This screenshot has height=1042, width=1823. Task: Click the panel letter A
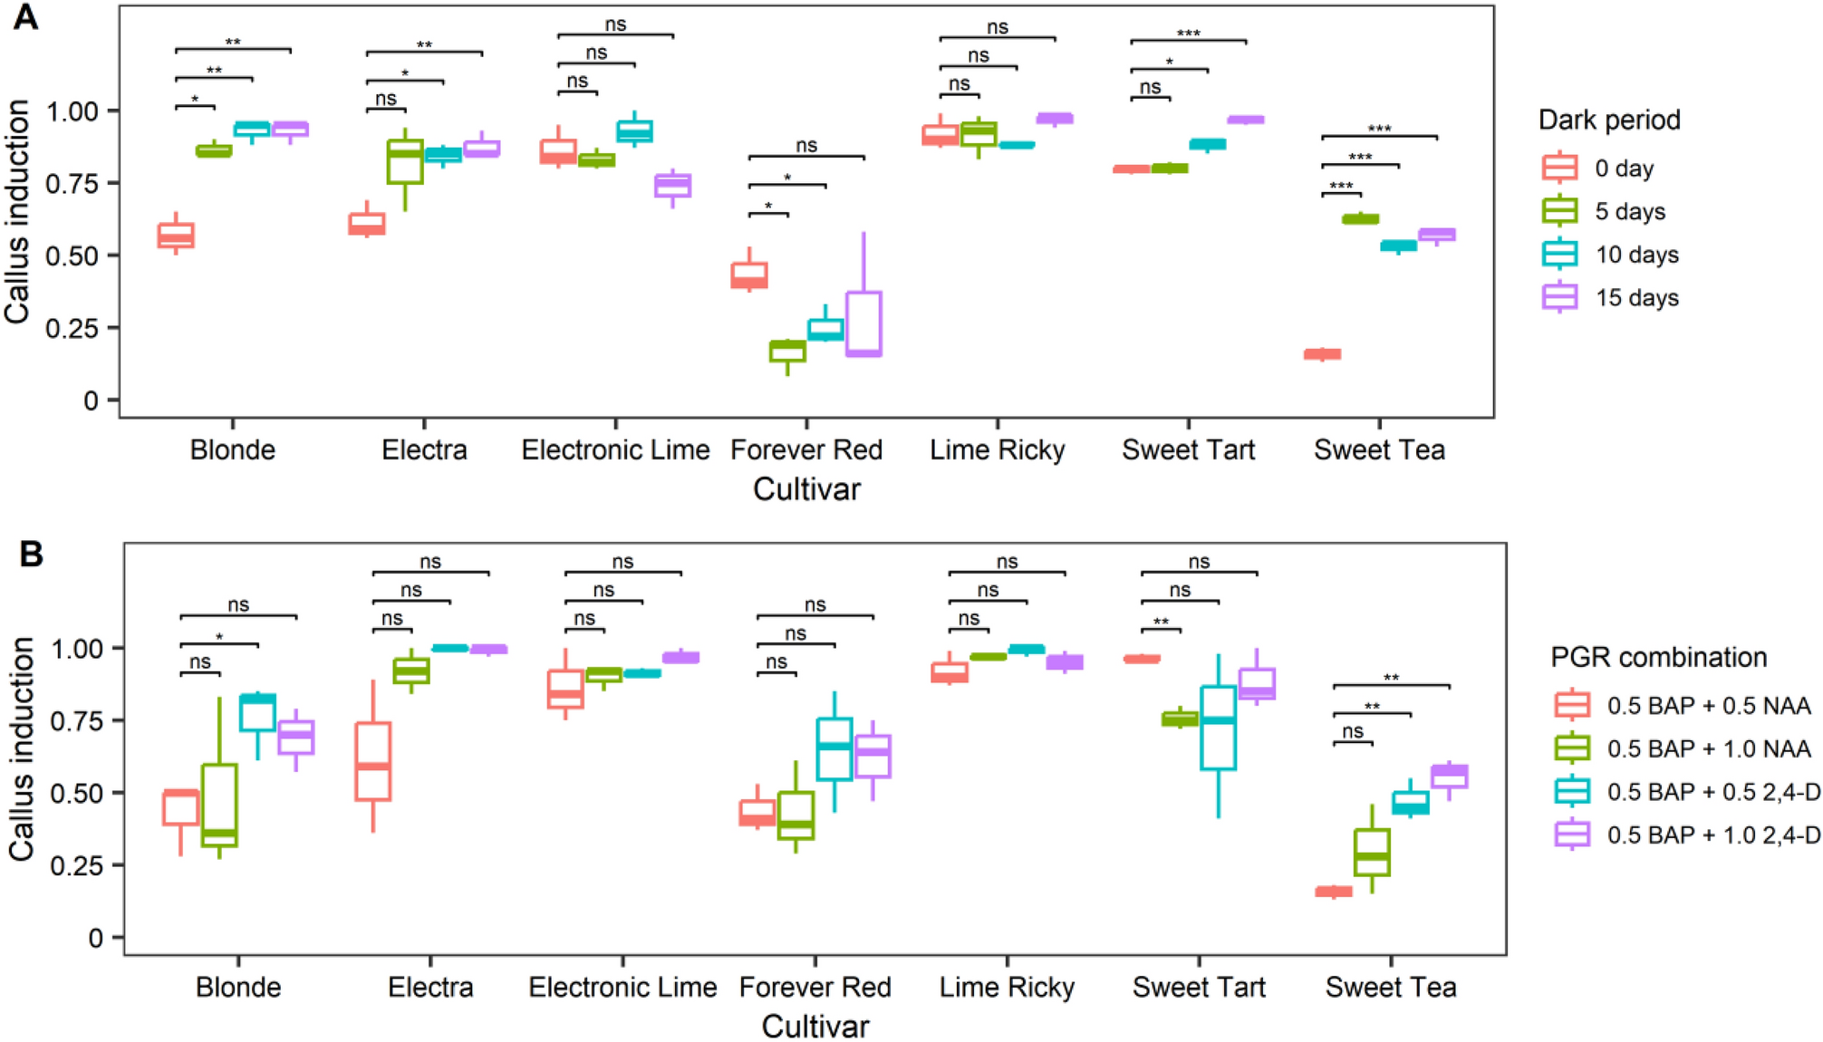pyautogui.click(x=25, y=16)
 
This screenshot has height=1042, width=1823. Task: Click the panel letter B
pyautogui.click(x=31, y=554)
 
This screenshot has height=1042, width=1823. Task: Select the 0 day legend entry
pyautogui.click(x=1623, y=169)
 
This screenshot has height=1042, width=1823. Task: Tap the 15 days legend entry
pyautogui.click(x=1635, y=298)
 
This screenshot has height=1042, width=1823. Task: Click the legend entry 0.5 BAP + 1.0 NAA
pyautogui.click(x=1708, y=749)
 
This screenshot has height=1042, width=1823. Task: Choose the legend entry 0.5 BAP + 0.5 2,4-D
pyautogui.click(x=1712, y=792)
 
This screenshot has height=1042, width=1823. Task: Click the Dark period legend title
pyautogui.click(x=1609, y=120)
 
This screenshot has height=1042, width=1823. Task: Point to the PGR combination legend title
pyautogui.click(x=1658, y=657)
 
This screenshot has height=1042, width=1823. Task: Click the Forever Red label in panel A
pyautogui.click(x=806, y=449)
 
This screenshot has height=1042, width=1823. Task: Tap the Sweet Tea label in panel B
pyautogui.click(x=1390, y=987)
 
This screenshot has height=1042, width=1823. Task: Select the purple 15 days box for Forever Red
pyautogui.click(x=863, y=323)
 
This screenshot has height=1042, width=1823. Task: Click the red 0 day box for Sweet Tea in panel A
pyautogui.click(x=1322, y=354)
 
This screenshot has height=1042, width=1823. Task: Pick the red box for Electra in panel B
pyautogui.click(x=372, y=761)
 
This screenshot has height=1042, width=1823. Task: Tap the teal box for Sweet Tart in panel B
pyautogui.click(x=1218, y=728)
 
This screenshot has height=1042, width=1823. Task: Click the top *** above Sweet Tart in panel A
pyautogui.click(x=1188, y=34)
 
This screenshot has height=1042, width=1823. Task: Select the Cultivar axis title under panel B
pyautogui.click(x=815, y=1026)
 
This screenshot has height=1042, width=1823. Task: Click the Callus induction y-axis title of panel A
pyautogui.click(x=18, y=211)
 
